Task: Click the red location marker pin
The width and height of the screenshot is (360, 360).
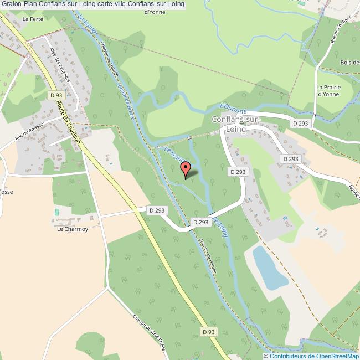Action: [186, 169]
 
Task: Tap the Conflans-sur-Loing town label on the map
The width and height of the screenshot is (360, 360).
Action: [239, 124]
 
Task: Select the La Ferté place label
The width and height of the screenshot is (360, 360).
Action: [33, 19]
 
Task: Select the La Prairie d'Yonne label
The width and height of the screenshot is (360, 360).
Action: [328, 90]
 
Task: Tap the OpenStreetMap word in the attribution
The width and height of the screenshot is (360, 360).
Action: [336, 356]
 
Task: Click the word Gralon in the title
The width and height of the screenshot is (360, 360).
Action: [11, 4]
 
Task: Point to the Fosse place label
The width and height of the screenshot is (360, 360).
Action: [7, 192]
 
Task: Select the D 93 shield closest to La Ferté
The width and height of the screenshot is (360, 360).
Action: [55, 95]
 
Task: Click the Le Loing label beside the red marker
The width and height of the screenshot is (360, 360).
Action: [174, 156]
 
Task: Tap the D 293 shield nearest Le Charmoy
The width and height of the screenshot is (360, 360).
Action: [157, 210]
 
